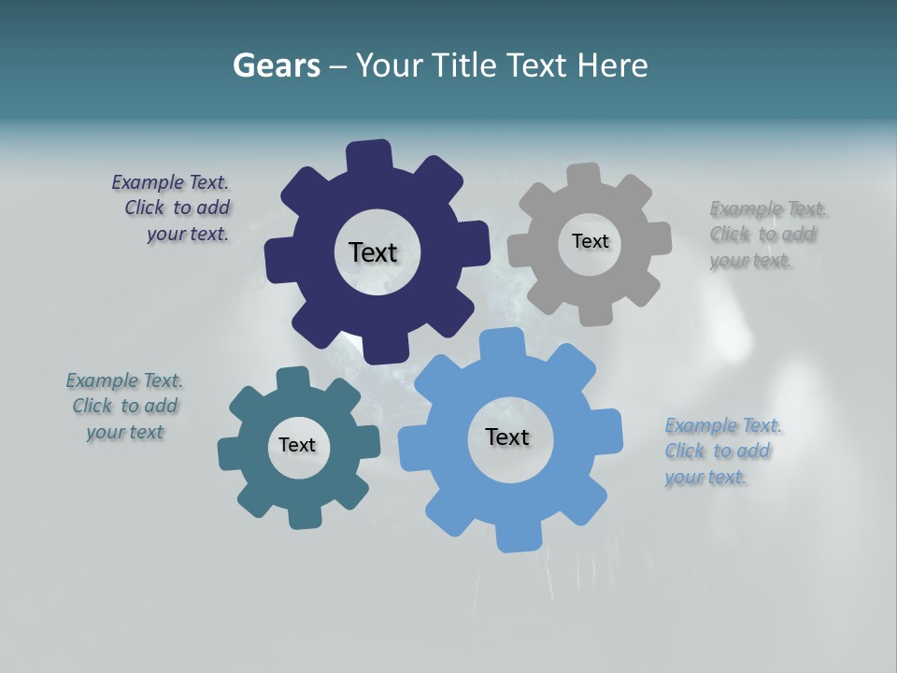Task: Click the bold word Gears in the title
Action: coord(276,65)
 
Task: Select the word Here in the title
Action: coord(612,65)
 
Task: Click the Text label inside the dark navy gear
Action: coord(373,252)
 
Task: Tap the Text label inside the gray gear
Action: coord(590,241)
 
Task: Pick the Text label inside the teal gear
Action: coord(297,445)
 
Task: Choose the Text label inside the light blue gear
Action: coord(507,437)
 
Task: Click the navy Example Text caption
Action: coord(173,208)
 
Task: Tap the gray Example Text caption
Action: coord(766,235)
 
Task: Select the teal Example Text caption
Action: coord(124,407)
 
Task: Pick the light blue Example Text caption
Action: coord(721,451)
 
